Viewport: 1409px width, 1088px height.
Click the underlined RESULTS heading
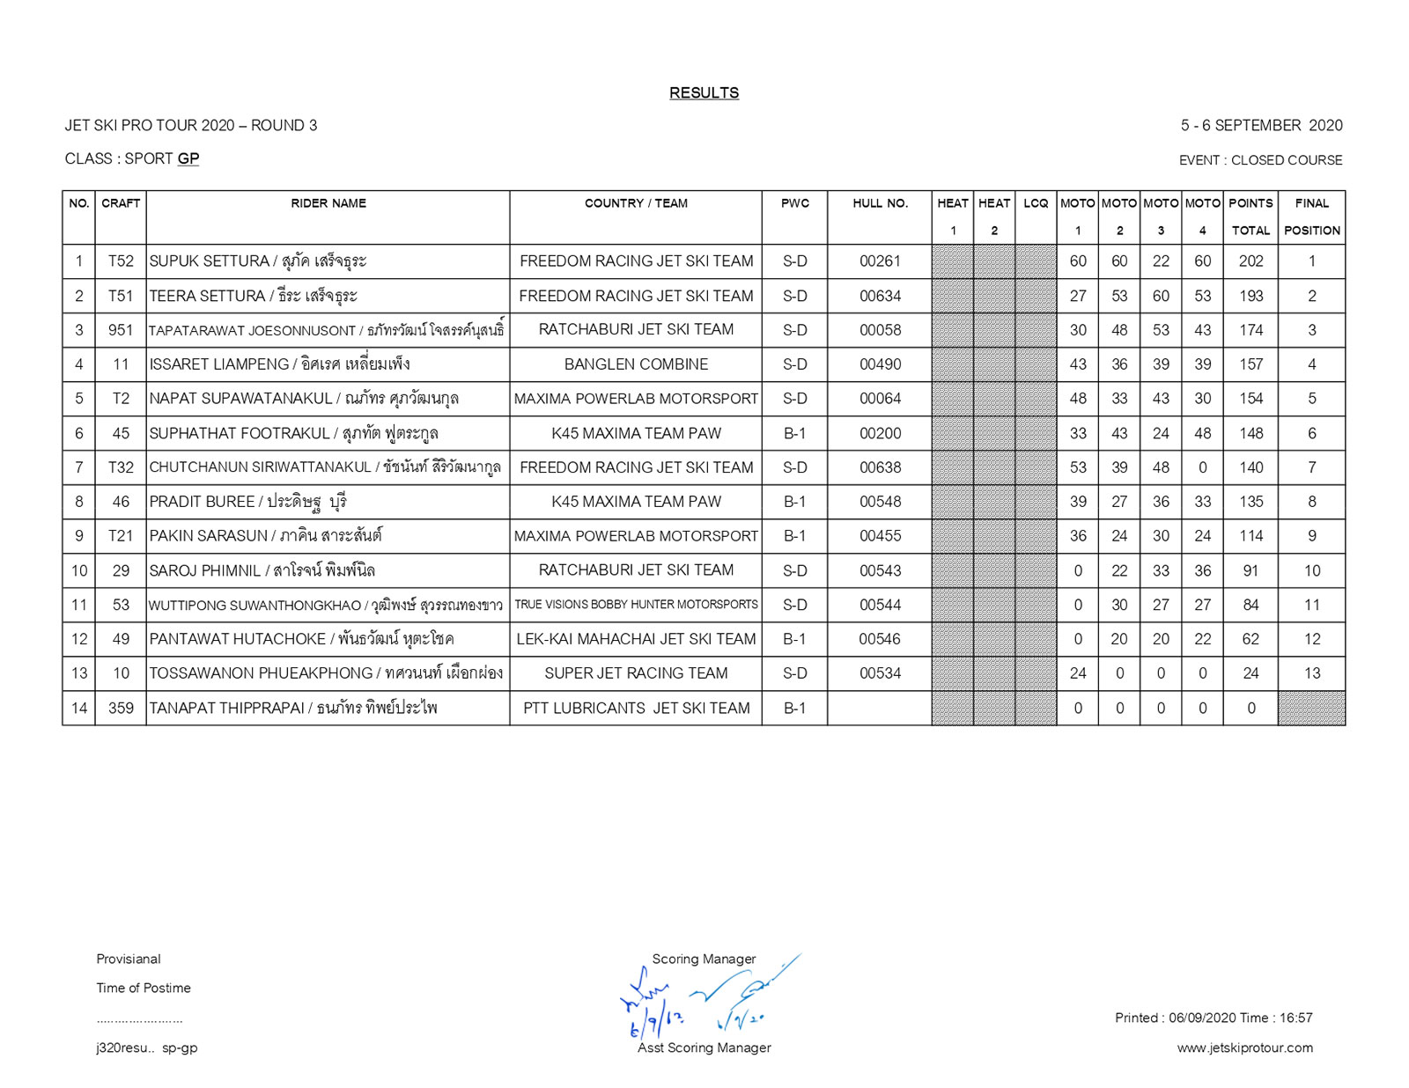[704, 92]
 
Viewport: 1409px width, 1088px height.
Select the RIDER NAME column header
[328, 203]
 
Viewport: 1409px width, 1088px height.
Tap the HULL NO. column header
[880, 203]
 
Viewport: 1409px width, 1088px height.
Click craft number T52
[121, 261]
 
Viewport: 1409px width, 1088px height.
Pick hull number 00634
[880, 296]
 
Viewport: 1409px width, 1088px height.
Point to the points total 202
[1250, 261]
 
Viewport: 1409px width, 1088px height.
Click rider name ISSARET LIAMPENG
[219, 364]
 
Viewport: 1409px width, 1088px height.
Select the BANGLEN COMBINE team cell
[636, 364]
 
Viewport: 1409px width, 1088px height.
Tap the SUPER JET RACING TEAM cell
[636, 673]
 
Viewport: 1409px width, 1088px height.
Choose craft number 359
[121, 708]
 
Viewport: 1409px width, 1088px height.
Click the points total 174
[1250, 330]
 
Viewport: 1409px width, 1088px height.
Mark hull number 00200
[880, 433]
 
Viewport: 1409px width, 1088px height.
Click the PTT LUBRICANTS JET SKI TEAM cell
[636, 708]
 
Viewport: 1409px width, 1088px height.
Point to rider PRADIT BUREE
[202, 502]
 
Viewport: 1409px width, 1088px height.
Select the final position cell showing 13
[1311, 673]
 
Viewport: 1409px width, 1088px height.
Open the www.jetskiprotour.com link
[1244, 1048]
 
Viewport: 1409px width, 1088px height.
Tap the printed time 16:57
[1295, 1018]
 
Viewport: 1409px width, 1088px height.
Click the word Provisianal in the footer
[129, 959]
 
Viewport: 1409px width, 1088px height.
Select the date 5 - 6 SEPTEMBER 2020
[1261, 125]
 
